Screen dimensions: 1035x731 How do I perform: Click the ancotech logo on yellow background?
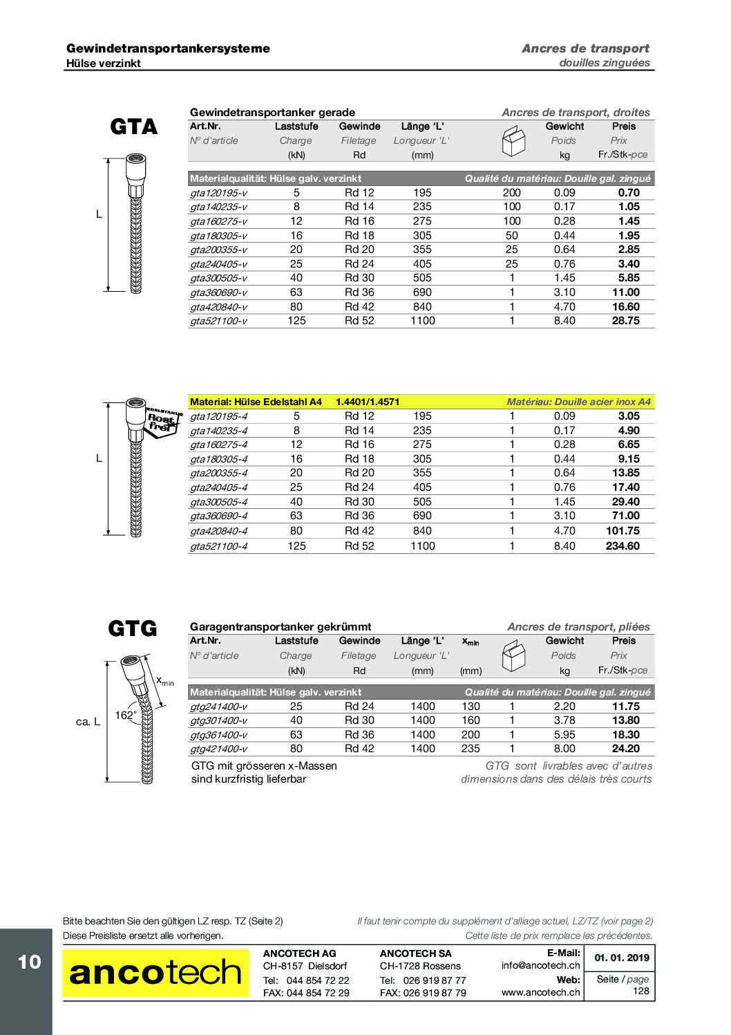155,973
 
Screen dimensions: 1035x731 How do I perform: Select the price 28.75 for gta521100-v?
625,321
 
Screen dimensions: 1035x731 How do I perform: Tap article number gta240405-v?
218,264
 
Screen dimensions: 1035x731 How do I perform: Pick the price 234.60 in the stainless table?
622,546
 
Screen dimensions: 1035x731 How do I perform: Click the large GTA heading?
134,127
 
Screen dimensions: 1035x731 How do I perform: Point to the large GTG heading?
133,628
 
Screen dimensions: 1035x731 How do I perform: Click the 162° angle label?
125,716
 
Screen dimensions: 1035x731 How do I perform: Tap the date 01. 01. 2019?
622,958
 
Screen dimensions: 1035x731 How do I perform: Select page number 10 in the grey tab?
29,962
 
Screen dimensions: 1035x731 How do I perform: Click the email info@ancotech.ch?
541,966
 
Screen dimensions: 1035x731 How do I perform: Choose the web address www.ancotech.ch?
541,992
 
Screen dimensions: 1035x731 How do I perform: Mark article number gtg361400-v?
218,735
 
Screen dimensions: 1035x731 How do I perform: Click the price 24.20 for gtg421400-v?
625,749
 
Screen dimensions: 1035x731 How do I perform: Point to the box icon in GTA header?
513,141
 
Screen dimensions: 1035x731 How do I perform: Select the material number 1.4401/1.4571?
368,402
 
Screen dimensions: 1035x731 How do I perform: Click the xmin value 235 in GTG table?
471,749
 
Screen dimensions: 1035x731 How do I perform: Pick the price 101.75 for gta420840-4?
623,531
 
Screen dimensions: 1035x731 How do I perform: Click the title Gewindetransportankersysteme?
168,48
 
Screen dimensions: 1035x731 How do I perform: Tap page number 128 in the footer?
640,991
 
